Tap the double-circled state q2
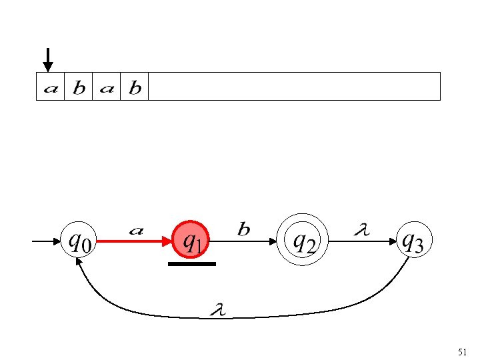(x=305, y=241)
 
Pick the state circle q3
(x=410, y=241)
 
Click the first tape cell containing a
(x=51, y=87)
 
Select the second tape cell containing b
(x=79, y=87)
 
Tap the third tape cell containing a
(x=107, y=87)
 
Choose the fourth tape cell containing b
(x=135, y=87)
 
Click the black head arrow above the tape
(x=47, y=59)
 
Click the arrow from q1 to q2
(x=246, y=242)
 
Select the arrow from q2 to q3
(x=360, y=242)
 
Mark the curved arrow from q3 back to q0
(x=247, y=315)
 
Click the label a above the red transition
(x=136, y=231)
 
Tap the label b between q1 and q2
(x=244, y=230)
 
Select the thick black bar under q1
(x=192, y=264)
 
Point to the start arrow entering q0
(x=47, y=242)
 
